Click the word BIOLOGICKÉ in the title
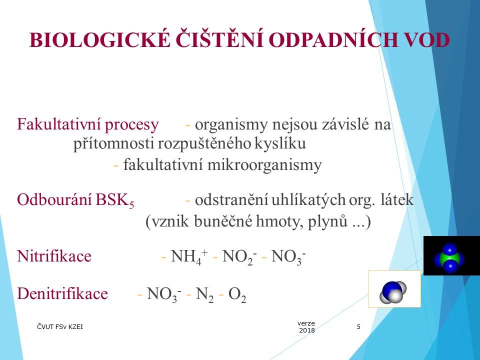point(99,39)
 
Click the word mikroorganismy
point(264,165)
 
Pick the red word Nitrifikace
point(54,256)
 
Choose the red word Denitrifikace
point(62,293)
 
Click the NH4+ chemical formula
point(189,256)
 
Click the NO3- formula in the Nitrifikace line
point(288,256)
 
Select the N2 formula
point(204,294)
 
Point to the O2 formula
point(237,294)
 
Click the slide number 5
point(358,327)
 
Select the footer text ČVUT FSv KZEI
point(60,326)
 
